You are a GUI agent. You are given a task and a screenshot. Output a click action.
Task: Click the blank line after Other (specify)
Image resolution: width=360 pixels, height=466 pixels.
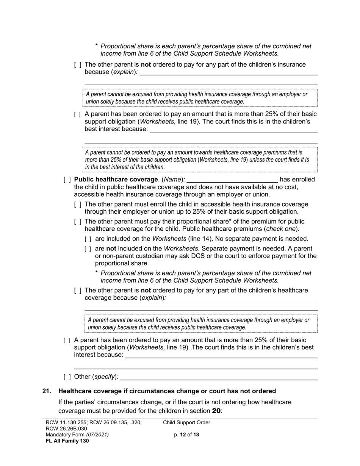pyautogui.click(x=219, y=377)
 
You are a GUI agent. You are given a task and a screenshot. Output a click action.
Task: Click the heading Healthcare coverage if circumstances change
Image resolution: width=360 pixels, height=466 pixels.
pyautogui.click(x=167, y=391)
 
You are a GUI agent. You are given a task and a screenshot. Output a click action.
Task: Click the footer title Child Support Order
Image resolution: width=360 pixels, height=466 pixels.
pyautogui.click(x=186, y=423)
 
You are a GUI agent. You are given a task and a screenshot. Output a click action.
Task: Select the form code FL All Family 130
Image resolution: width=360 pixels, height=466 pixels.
pyautogui.click(x=67, y=441)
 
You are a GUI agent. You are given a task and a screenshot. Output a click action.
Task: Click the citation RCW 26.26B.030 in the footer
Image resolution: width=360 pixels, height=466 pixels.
pyautogui.click(x=66, y=429)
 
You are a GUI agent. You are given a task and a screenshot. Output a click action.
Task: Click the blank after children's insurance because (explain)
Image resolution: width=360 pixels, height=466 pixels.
pyautogui.click(x=228, y=72)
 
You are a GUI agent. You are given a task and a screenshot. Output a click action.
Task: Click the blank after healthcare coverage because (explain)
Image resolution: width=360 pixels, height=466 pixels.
pyautogui.click(x=242, y=298)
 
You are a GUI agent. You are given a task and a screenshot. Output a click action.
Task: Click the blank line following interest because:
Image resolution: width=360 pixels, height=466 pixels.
pyautogui.click(x=221, y=355)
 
